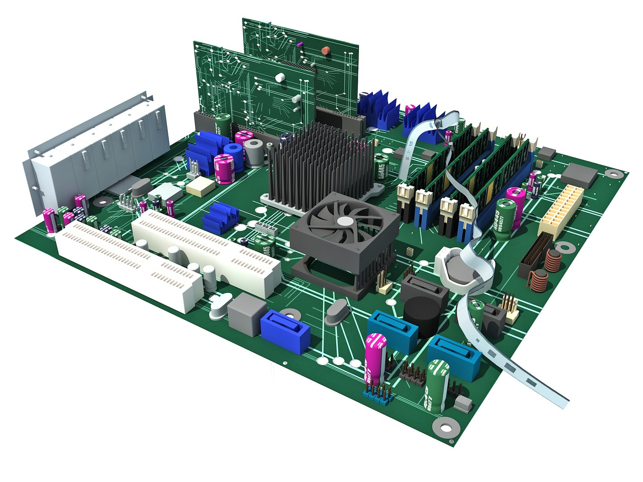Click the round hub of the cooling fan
click(344, 221)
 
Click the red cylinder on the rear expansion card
click(326, 50)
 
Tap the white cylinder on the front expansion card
click(280, 78)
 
